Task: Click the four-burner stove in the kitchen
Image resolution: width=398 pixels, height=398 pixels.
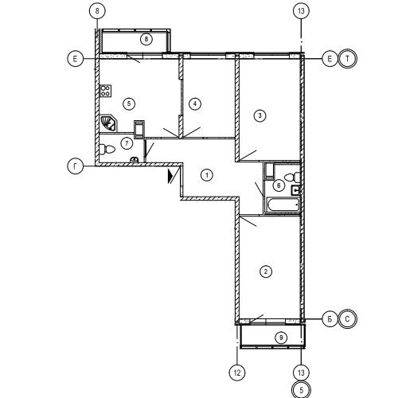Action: [x=105, y=91]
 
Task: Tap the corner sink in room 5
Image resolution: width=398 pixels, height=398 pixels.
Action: [x=107, y=123]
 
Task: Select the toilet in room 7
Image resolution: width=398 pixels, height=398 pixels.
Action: [x=107, y=150]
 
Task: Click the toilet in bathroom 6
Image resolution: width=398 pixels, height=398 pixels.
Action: [x=292, y=177]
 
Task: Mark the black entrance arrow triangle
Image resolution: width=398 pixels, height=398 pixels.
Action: [x=170, y=177]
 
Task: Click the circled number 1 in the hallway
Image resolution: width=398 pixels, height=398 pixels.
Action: [x=207, y=175]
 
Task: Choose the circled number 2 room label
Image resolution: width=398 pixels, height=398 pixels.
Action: [x=266, y=271]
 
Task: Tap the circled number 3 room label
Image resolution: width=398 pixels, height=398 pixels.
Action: [x=259, y=115]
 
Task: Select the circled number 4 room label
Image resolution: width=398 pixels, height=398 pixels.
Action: [x=195, y=103]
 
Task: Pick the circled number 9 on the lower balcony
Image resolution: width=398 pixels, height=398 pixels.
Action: [x=281, y=338]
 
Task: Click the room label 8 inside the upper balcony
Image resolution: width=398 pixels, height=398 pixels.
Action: [x=146, y=39]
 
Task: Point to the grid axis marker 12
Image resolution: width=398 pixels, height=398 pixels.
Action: [x=237, y=373]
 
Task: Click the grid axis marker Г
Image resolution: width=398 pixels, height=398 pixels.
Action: [x=76, y=166]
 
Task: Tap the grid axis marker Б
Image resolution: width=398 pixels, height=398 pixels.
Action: [x=330, y=319]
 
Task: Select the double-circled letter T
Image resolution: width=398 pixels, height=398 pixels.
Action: [x=348, y=59]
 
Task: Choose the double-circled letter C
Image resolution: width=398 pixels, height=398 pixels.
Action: [x=348, y=319]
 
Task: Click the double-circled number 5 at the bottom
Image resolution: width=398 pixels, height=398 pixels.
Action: [x=301, y=390]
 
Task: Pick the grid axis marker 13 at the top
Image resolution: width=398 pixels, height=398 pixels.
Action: [x=301, y=11]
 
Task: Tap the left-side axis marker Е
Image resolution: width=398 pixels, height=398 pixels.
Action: [x=76, y=59]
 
